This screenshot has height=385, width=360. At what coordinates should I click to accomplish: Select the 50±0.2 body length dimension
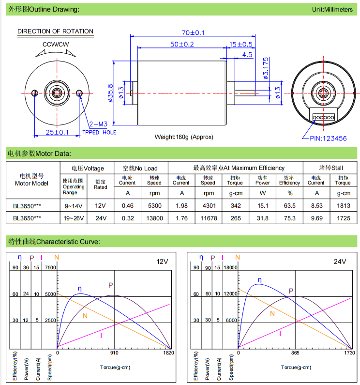pyautogui.click(x=182, y=44)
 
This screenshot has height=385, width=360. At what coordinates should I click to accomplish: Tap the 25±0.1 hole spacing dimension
pyautogui.click(x=57, y=132)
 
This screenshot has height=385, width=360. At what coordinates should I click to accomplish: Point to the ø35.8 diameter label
pyautogui.click(x=110, y=92)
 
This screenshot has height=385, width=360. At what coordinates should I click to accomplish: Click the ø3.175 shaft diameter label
pyautogui.click(x=265, y=68)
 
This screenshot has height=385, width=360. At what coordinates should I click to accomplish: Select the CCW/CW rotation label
pyautogui.click(x=56, y=45)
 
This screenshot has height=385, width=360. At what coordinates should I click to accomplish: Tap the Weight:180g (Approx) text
pyautogui.click(x=184, y=137)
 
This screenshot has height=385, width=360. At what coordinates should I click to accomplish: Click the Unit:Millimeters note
pyautogui.click(x=332, y=10)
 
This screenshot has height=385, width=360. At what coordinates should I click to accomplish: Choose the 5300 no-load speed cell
pyautogui.click(x=154, y=205)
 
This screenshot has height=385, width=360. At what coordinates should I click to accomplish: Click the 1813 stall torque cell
pyautogui.click(x=343, y=205)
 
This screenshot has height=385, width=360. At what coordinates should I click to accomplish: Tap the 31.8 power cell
pyautogui.click(x=262, y=218)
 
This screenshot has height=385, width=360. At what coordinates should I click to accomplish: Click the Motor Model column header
pyautogui.click(x=31, y=180)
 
